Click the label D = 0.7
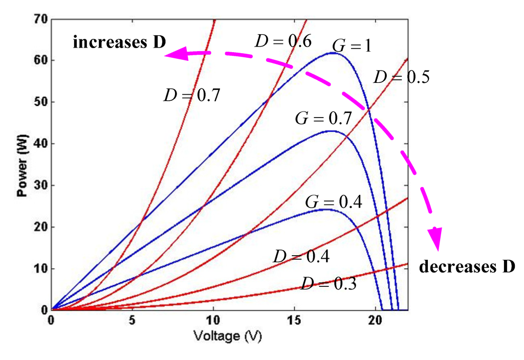tap(191, 95)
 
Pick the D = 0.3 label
tap(329, 283)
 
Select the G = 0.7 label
tap(323, 119)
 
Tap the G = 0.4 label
tap(334, 201)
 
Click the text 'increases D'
tap(119, 42)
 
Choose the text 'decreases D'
tap(467, 267)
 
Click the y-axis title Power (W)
tap(21, 165)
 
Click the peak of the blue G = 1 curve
tap(333, 53)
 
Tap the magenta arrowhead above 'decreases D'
tap(435, 239)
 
